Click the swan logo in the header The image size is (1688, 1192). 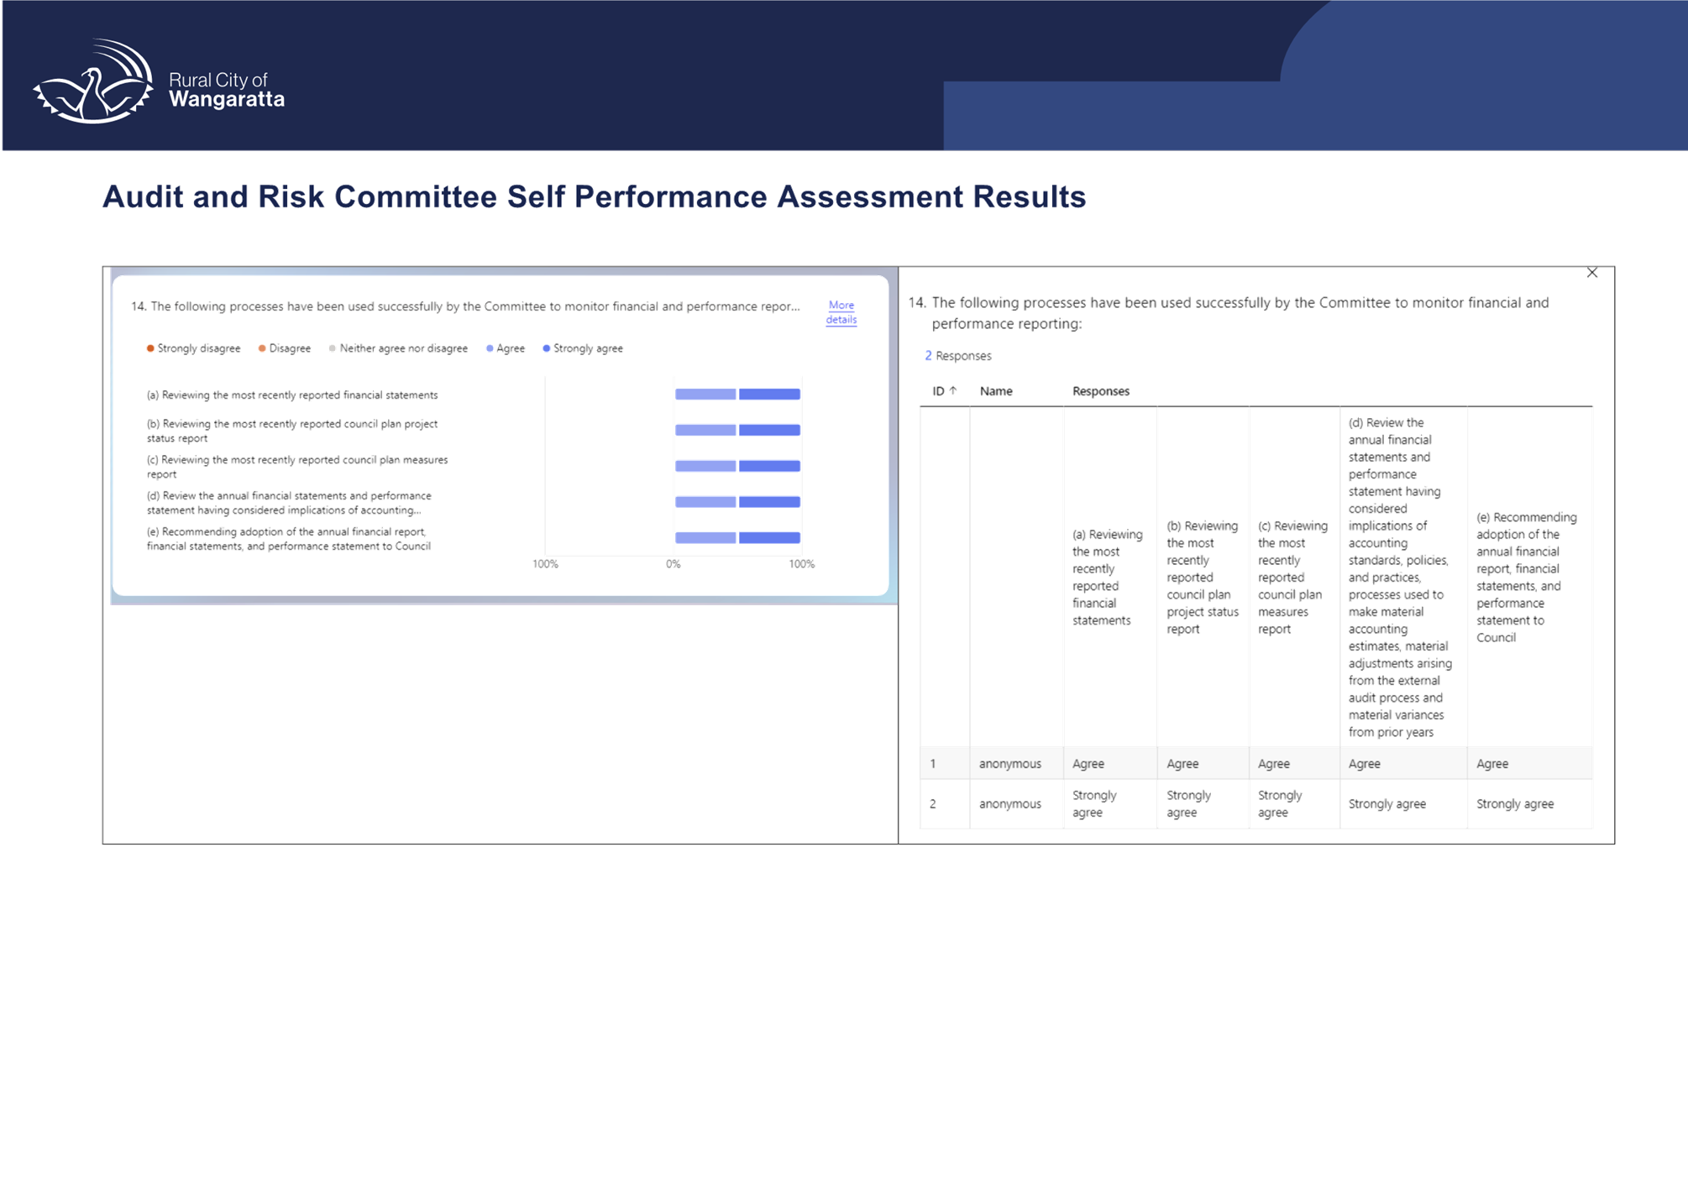[93, 81]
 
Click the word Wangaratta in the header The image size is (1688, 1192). [227, 100]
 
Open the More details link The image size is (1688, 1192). [841, 312]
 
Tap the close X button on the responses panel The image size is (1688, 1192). [1591, 273]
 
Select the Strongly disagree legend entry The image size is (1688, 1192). [193, 348]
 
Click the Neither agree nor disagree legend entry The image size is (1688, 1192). [398, 348]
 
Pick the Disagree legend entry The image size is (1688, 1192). [285, 348]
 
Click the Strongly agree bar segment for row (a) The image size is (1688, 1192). [769, 395]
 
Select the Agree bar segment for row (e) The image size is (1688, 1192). [705, 538]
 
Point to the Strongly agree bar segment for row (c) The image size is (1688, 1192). [769, 466]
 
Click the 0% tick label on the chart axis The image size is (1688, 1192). [673, 564]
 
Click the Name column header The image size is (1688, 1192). [996, 391]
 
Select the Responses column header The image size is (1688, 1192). [1101, 391]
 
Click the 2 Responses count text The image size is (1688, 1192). [958, 356]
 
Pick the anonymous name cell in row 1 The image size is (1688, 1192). [1010, 764]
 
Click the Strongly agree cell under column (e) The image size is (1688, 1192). [1515, 804]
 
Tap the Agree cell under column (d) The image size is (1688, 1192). [1364, 764]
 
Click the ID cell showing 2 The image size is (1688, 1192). [933, 804]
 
